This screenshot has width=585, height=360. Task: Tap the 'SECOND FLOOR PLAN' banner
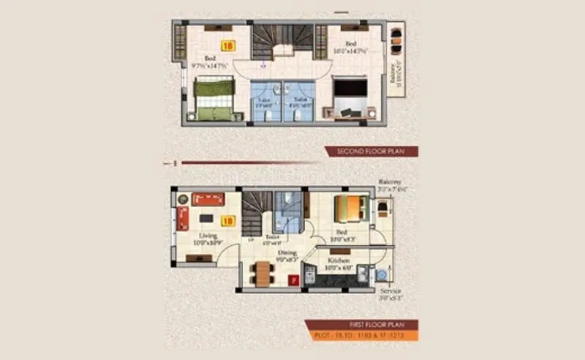(x=371, y=151)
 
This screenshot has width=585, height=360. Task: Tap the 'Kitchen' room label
(x=339, y=260)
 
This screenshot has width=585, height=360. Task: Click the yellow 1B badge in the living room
(x=227, y=219)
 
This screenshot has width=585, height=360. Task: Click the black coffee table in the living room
(x=208, y=218)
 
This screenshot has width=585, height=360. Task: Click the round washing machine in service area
(x=381, y=275)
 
